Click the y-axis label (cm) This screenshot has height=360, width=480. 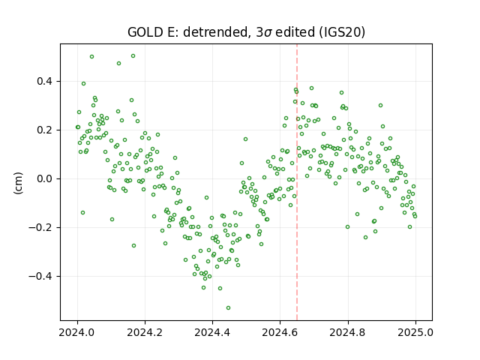coord(18,183)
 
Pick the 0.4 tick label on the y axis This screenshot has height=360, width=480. coord(46,82)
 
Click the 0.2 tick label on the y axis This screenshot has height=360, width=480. coord(46,130)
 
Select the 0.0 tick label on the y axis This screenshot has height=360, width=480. coord(46,178)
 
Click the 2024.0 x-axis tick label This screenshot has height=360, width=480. coord(77,332)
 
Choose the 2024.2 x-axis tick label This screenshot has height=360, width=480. coord(145,332)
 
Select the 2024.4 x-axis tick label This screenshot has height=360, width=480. coord(212,332)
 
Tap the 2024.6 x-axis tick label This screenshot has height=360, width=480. coord(280,332)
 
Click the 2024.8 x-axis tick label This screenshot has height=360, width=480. coord(347,332)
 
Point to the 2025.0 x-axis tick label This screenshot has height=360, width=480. coord(415,332)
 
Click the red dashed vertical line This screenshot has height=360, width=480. coord(297,182)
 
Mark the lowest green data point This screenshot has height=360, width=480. coord(228,307)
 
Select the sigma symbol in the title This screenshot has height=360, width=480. coord(268,33)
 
